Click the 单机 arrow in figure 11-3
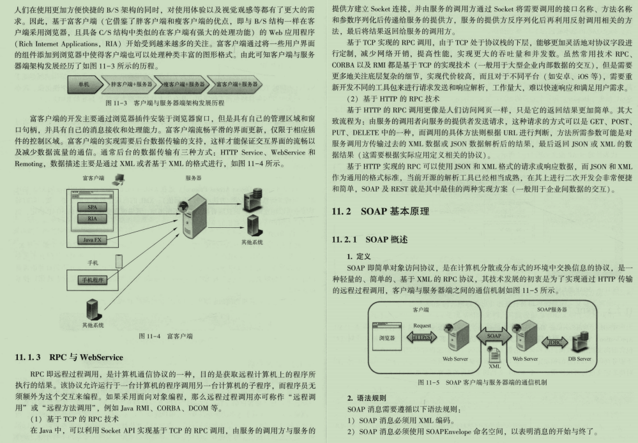[x=85, y=84]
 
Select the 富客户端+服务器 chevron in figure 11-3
[x=235, y=84]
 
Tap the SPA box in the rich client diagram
[x=93, y=207]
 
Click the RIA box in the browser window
[x=93, y=218]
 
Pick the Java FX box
[x=93, y=239]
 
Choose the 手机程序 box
[x=93, y=280]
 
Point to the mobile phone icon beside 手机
[x=119, y=261]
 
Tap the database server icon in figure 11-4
[x=253, y=199]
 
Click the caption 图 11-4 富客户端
[x=165, y=336]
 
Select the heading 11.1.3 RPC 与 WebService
[x=69, y=357]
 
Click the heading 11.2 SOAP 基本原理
[x=381, y=211]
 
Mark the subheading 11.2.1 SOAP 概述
[x=370, y=239]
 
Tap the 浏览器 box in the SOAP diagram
[x=387, y=336]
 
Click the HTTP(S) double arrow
[x=422, y=337]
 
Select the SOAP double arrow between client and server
[x=494, y=336]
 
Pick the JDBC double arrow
[x=554, y=343]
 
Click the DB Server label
[x=579, y=359]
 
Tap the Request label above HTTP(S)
[x=422, y=326]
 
